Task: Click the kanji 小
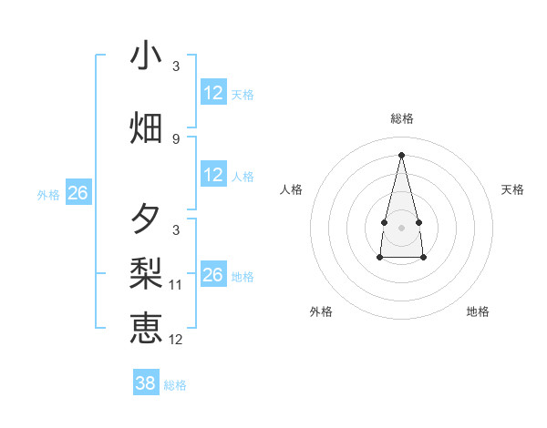[x=146, y=56]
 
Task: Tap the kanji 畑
[x=146, y=127]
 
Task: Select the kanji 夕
[x=146, y=219]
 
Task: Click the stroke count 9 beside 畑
[x=176, y=139]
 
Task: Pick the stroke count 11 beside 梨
[x=176, y=285]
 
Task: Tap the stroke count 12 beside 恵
[x=176, y=340]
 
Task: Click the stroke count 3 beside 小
[x=176, y=66]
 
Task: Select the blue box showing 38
[x=145, y=383]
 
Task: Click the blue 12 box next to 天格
[x=213, y=93]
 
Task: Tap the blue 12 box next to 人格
[x=213, y=175]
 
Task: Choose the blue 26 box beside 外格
[x=77, y=193]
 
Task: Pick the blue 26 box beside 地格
[x=213, y=275]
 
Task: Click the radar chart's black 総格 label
[x=401, y=118]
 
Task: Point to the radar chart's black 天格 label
[x=512, y=189]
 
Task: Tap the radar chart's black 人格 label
[x=291, y=189]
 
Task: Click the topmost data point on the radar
[x=401, y=154]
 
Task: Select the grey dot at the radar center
[x=401, y=227]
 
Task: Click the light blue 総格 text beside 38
[x=175, y=385]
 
